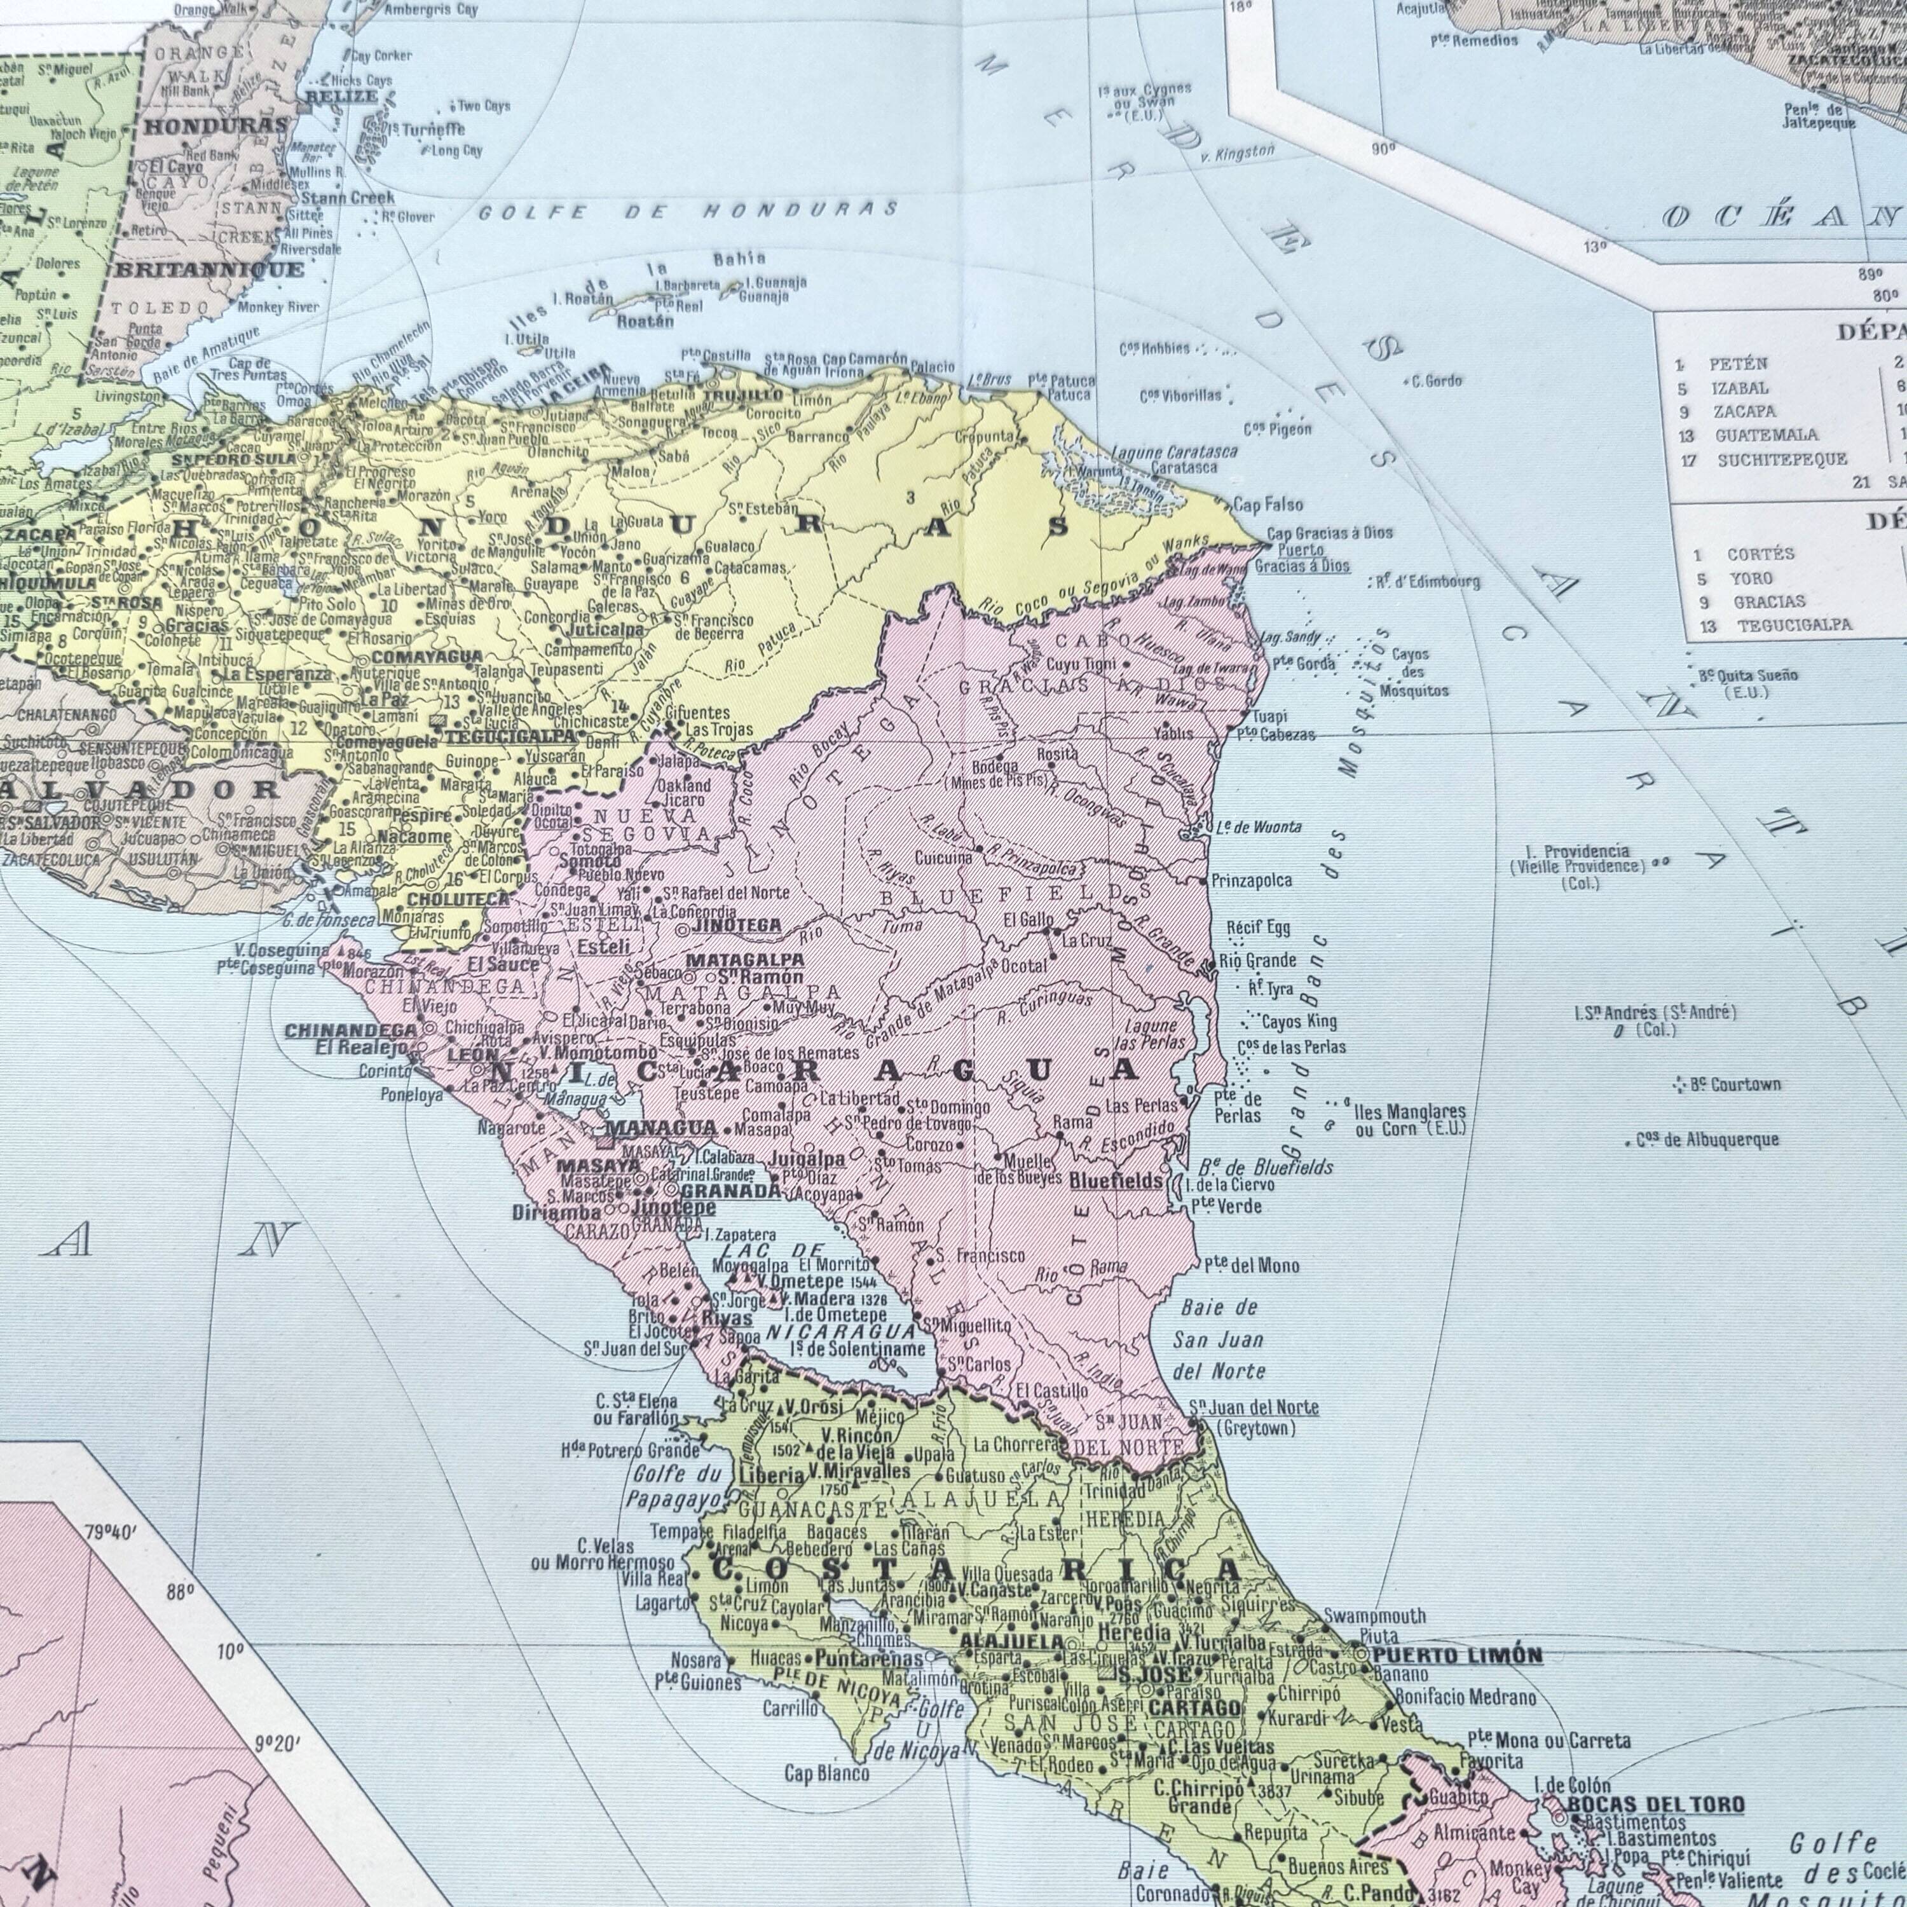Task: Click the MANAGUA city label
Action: [660, 1127]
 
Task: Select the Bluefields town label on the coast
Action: [1116, 1180]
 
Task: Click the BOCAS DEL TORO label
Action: [1655, 1805]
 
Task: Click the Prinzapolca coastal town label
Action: [1250, 880]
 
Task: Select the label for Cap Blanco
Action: [827, 1774]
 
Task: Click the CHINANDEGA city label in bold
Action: [350, 1032]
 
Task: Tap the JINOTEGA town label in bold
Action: [738, 926]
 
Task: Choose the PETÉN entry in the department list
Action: [1738, 364]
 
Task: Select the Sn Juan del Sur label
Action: [634, 1348]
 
